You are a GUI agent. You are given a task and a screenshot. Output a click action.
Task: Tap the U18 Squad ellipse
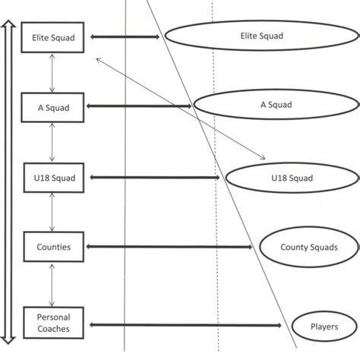292,178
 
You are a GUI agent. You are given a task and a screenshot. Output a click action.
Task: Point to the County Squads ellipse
308,247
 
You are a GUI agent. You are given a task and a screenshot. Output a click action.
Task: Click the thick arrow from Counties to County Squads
170,247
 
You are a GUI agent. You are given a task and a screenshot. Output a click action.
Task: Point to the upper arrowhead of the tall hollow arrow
8,25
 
